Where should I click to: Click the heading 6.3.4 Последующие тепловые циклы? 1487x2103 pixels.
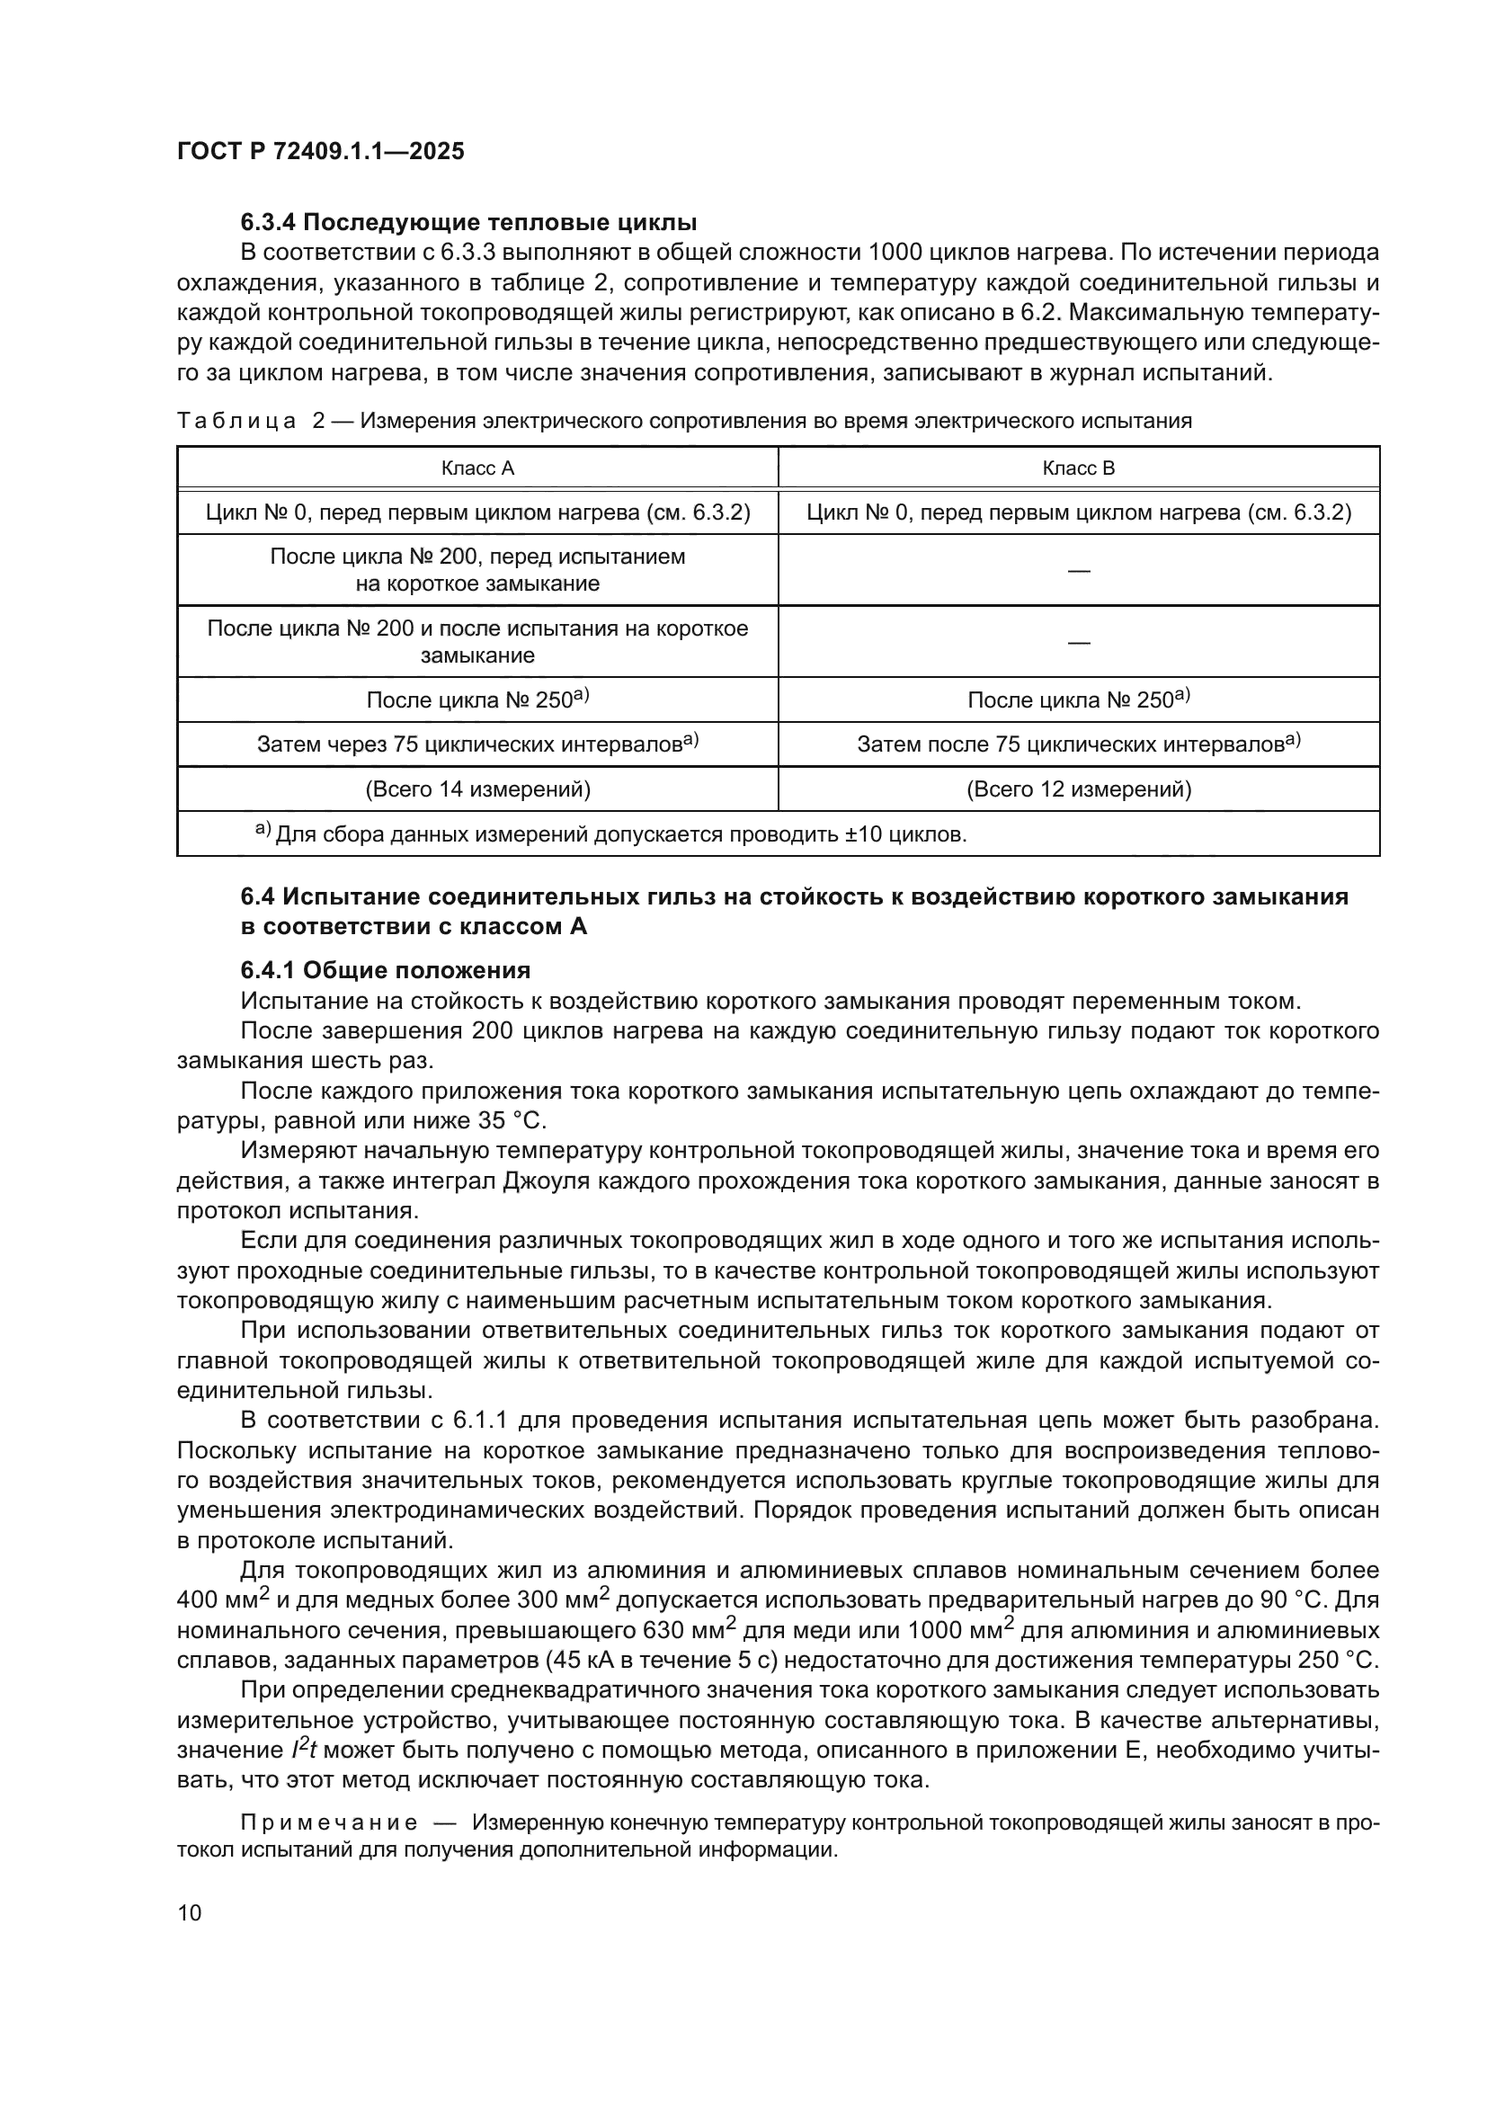[x=468, y=223]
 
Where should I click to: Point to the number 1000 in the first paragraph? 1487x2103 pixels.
[x=895, y=253]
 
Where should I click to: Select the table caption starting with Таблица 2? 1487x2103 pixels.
[x=684, y=422]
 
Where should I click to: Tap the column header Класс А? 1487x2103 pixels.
[x=477, y=469]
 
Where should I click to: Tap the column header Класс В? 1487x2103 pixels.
[x=1079, y=469]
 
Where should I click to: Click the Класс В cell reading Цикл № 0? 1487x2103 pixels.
[x=1079, y=512]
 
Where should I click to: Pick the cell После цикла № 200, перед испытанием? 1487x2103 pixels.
[x=477, y=570]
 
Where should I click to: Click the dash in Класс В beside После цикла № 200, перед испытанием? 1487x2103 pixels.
[x=1079, y=571]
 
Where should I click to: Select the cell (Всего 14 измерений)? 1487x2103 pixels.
[x=477, y=789]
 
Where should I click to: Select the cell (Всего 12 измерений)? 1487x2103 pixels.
[x=1079, y=789]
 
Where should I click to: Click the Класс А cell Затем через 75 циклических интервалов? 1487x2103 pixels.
[x=477, y=744]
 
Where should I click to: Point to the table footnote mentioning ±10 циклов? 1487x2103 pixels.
[x=610, y=834]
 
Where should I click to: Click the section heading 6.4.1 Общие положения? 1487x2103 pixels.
[x=386, y=970]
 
